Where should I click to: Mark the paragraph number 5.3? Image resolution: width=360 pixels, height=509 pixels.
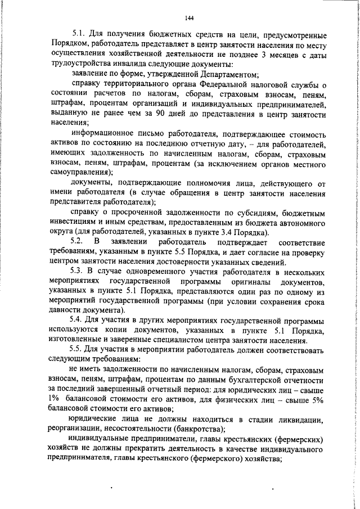tap(78, 273)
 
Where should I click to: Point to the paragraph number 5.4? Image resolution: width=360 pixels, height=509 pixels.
tap(78, 321)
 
